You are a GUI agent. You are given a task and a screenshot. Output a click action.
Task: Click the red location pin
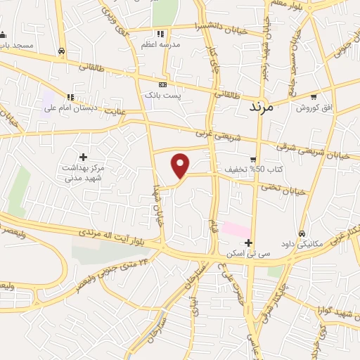(181, 165)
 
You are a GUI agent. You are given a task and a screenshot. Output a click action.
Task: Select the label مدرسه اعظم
(161, 44)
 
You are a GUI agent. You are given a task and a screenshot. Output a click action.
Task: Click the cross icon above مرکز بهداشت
(84, 157)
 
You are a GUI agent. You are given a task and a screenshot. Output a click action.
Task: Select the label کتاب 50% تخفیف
(234, 169)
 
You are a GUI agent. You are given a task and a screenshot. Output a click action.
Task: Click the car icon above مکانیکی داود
(302, 234)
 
